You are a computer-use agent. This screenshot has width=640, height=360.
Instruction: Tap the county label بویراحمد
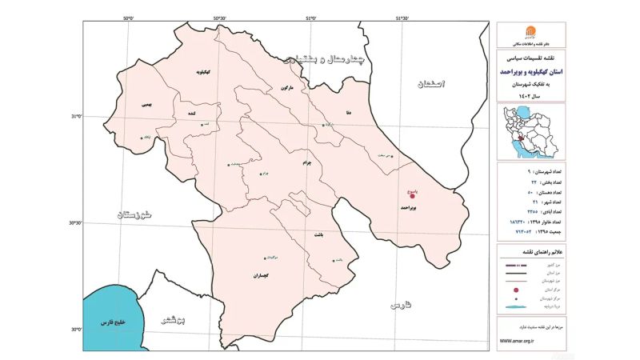coord(410,206)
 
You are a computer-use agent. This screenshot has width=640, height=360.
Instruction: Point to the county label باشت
coord(319,235)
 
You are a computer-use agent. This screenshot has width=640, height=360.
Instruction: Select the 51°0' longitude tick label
coord(312,18)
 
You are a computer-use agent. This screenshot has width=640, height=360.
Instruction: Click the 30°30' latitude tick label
coord(73,223)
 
